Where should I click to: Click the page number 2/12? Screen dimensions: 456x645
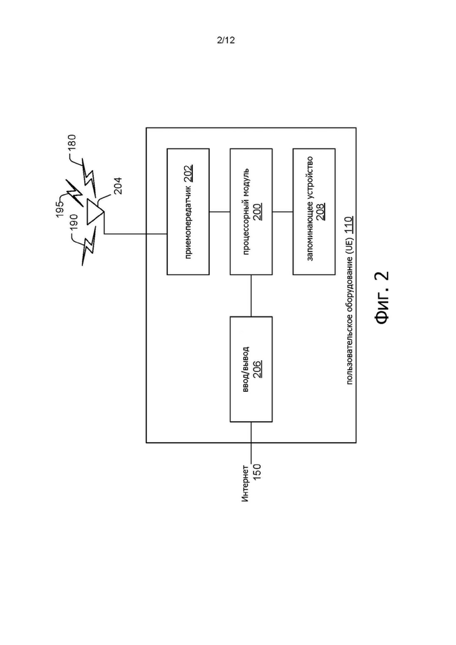tap(226, 40)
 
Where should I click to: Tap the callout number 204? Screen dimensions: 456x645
tap(118, 186)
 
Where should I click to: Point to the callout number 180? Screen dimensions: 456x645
tap(71, 144)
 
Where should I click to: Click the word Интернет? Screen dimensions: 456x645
tap(245, 484)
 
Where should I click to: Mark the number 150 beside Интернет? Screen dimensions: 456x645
tap(257, 472)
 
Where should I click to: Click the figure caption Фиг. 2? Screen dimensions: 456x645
tap(382, 298)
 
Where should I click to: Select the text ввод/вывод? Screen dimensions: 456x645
tap(246, 369)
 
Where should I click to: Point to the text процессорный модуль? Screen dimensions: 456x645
tap(246, 212)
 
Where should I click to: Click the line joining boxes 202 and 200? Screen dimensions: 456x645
tap(220, 212)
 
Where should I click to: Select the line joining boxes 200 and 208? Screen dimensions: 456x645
tap(282, 212)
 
